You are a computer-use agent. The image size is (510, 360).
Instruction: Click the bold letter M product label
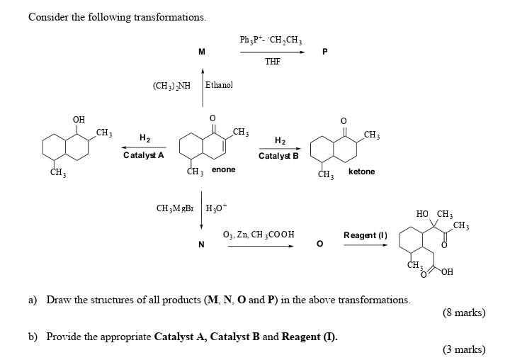(x=202, y=52)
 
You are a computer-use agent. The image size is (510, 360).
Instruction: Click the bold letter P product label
(x=324, y=52)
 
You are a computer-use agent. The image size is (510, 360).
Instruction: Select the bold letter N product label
(x=201, y=244)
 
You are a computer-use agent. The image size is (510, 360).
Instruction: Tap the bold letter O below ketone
(x=319, y=244)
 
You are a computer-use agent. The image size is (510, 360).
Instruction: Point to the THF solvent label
(x=273, y=62)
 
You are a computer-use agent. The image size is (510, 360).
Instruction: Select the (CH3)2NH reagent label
(x=171, y=86)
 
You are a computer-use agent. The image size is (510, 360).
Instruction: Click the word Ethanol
(x=219, y=85)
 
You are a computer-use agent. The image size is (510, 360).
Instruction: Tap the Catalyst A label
(x=144, y=155)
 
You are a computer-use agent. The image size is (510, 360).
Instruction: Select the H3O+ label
(x=215, y=208)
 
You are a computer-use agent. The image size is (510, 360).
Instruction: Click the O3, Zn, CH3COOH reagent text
(x=259, y=235)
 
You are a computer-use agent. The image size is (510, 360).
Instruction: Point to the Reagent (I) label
(x=365, y=235)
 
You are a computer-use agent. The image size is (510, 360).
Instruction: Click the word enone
(x=224, y=170)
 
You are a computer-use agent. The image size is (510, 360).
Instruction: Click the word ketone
(x=362, y=171)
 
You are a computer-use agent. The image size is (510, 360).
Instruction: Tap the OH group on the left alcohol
(x=79, y=119)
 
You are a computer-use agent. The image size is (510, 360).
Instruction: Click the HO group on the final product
(x=422, y=214)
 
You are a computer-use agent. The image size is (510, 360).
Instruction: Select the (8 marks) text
(x=463, y=313)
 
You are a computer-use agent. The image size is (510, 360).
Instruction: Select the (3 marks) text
(x=463, y=349)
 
